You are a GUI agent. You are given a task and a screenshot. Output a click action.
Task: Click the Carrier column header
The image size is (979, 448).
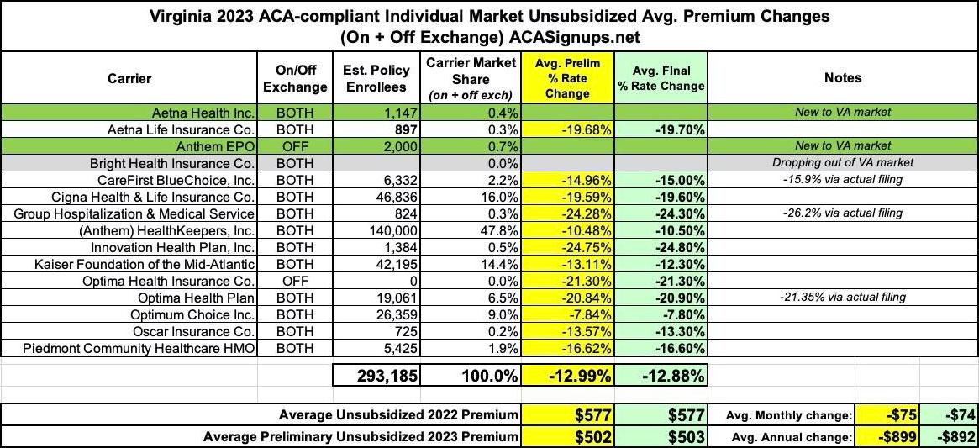129,78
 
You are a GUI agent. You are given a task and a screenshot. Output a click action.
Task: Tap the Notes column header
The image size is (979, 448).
843,78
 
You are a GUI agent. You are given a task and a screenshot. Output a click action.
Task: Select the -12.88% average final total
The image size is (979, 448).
661,375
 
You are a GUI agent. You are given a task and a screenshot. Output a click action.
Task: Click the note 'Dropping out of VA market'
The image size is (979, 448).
843,162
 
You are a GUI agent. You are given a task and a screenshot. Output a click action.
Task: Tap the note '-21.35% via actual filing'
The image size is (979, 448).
843,298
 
